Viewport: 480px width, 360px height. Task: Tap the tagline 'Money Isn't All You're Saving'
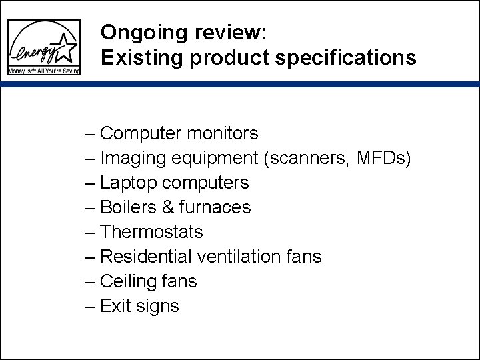pos(43,71)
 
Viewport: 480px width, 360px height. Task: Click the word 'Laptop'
pos(129,182)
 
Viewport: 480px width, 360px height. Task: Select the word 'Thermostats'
pos(152,232)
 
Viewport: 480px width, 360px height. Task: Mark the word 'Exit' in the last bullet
pos(115,306)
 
